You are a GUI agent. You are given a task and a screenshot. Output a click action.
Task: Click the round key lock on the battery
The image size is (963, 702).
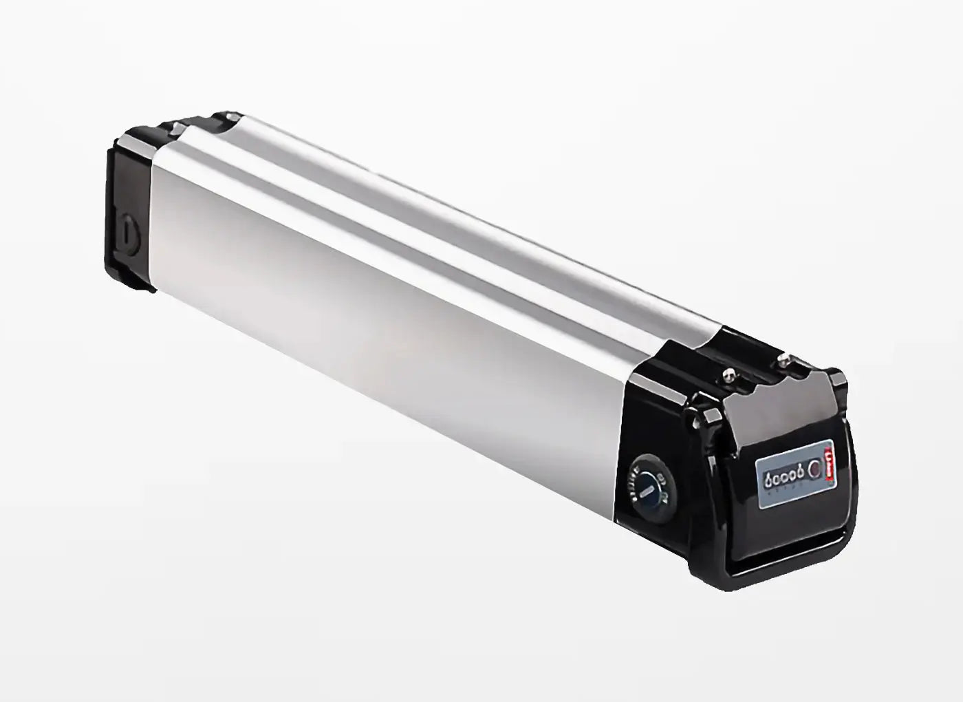click(x=647, y=482)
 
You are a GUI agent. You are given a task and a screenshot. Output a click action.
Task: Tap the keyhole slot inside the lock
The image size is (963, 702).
click(x=645, y=487)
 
